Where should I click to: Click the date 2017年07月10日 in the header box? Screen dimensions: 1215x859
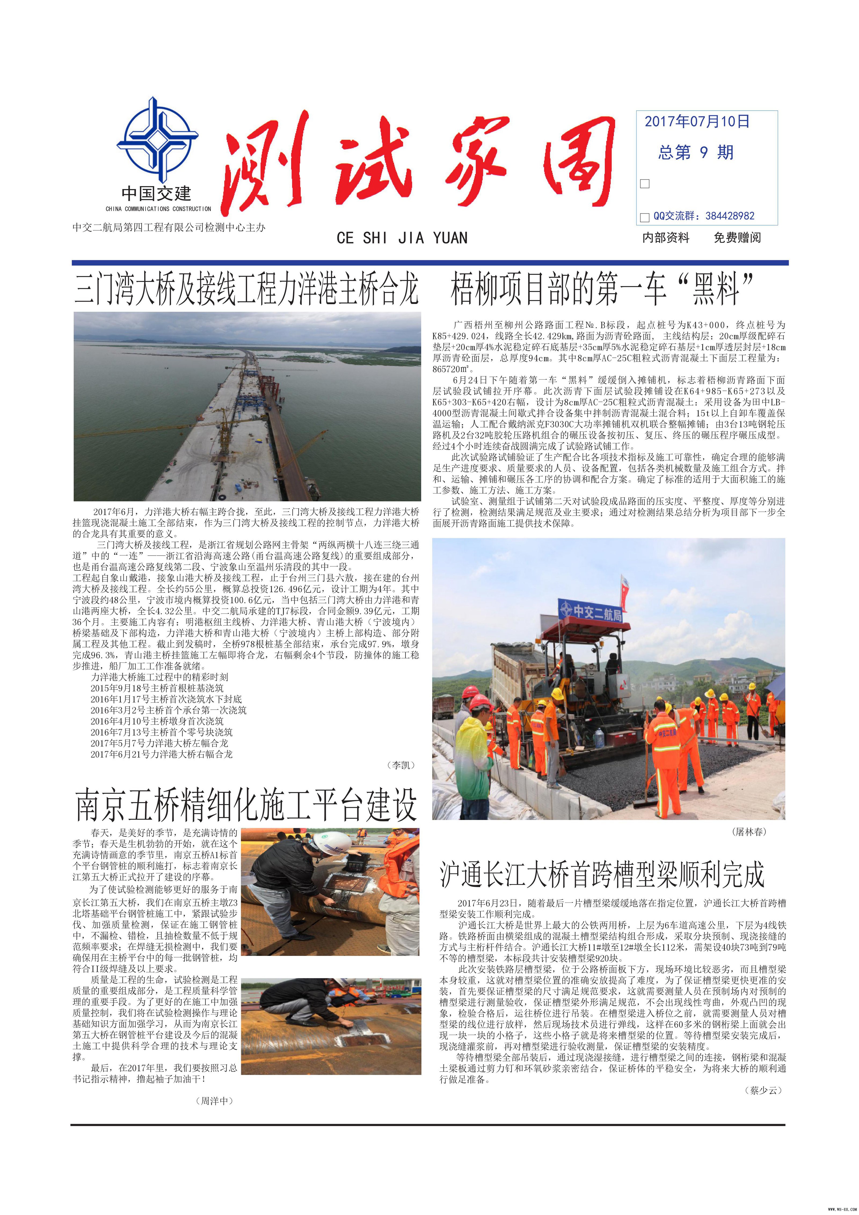(x=697, y=122)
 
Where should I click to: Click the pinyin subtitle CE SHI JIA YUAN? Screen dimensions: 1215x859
(x=402, y=238)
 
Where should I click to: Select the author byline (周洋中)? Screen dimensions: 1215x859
(x=214, y=1101)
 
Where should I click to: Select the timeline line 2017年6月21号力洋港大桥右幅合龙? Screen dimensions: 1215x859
(x=161, y=754)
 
